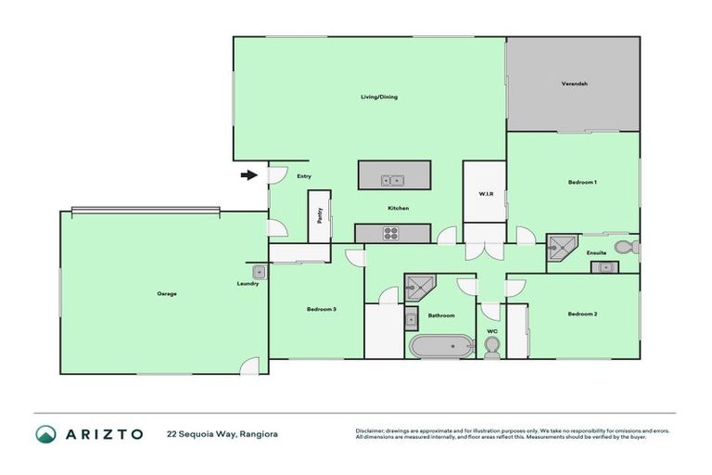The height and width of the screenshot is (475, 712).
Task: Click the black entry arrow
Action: (248, 174)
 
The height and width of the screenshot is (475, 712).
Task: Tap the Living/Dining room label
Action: (379, 96)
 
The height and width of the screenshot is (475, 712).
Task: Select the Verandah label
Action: (574, 83)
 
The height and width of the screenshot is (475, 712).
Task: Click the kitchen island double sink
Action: (394, 180)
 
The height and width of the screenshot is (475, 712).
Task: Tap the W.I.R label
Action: (484, 195)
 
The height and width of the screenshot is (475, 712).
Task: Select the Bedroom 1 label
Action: (581, 183)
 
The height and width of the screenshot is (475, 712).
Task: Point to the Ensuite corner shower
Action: (560, 247)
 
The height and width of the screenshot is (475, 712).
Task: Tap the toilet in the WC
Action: (492, 345)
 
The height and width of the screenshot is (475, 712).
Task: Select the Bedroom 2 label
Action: (581, 315)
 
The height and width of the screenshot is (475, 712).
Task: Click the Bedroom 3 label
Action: (321, 309)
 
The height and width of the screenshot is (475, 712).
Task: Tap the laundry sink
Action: (261, 272)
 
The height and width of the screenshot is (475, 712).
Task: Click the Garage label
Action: (166, 293)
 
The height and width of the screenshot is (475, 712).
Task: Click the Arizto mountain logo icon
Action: (45, 434)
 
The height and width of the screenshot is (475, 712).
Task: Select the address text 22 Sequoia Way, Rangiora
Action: (222, 434)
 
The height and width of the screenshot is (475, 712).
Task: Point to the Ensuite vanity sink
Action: (604, 267)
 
